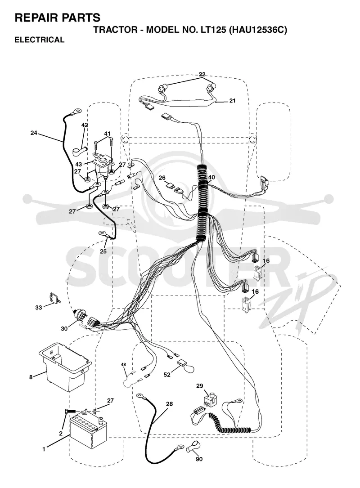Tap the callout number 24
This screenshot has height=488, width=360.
tap(34, 133)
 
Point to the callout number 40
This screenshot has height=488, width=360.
tap(211, 177)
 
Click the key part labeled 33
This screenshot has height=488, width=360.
tap(54, 298)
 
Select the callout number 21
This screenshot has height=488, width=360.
tap(232, 101)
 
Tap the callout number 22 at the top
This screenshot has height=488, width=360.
tap(202, 74)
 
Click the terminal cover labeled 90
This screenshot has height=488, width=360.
tap(193, 447)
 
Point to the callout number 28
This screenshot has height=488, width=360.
tap(169, 404)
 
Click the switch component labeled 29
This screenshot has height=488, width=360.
tap(210, 400)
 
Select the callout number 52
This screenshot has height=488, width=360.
tap(167, 375)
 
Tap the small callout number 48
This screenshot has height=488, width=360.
tap(123, 364)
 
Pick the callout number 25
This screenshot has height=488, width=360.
tap(103, 251)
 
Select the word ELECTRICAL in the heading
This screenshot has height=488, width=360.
tap(40, 40)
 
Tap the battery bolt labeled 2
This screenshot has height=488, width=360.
tap(70, 412)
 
